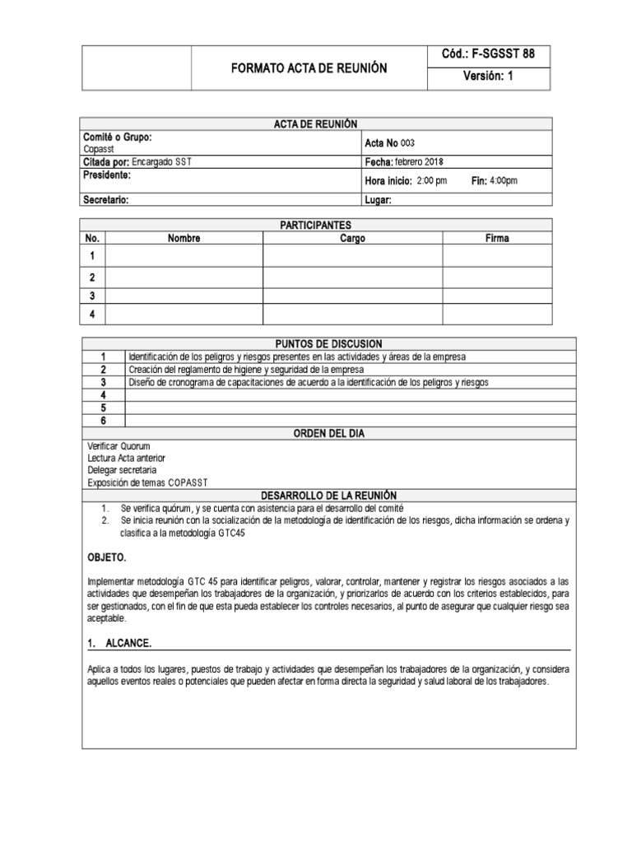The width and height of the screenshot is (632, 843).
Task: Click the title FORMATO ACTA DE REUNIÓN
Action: pyautogui.click(x=309, y=68)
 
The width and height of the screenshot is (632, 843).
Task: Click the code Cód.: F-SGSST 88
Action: pyautogui.click(x=488, y=54)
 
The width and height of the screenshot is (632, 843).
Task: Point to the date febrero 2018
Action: pyautogui.click(x=418, y=162)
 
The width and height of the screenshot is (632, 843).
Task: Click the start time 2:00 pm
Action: pyautogui.click(x=432, y=181)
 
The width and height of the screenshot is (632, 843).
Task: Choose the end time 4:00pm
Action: pyautogui.click(x=504, y=181)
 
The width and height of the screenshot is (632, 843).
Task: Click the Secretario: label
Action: pyautogui.click(x=106, y=199)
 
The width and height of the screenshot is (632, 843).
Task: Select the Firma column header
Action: pyautogui.click(x=497, y=239)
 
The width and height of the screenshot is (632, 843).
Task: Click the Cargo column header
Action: pyautogui.click(x=352, y=239)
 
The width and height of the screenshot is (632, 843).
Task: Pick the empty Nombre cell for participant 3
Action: pyautogui.click(x=184, y=296)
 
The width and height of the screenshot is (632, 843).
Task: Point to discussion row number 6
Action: pyautogui.click(x=104, y=421)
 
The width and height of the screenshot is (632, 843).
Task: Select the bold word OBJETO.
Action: pyautogui.click(x=106, y=557)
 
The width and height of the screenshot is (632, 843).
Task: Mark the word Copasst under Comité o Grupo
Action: pyautogui.click(x=99, y=149)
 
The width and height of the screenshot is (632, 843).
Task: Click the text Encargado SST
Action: pyautogui.click(x=161, y=162)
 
